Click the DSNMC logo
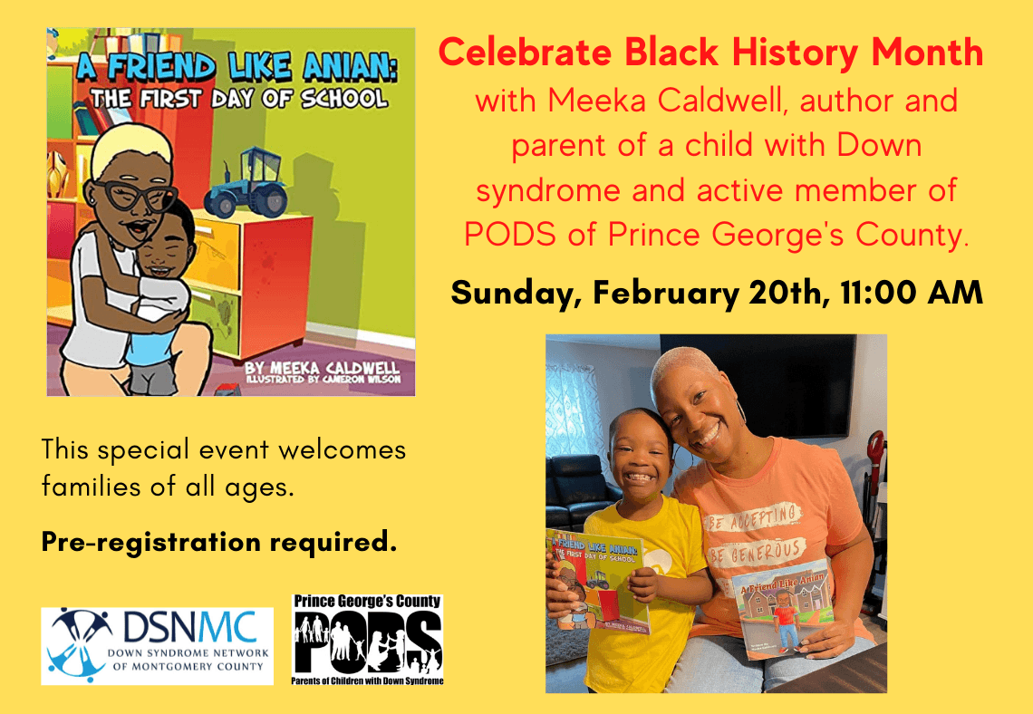157,645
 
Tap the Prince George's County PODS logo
368,640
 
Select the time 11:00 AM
912,293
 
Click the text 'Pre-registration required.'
219,542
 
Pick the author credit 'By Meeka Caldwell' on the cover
322,367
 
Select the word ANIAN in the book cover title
350,66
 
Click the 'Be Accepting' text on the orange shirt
753,516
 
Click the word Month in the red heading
928,52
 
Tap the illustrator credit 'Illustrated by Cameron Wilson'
323,380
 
